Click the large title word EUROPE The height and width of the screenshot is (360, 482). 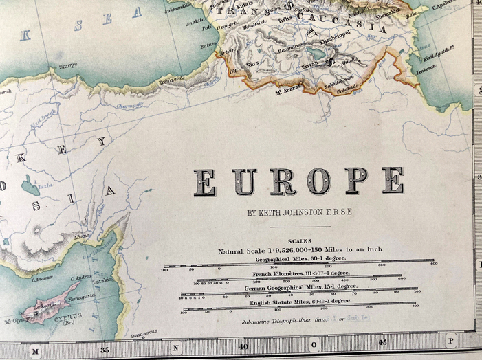pyautogui.click(x=298, y=181)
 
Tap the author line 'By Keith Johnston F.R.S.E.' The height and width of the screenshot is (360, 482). pyautogui.click(x=300, y=212)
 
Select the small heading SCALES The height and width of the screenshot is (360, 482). pyautogui.click(x=300, y=240)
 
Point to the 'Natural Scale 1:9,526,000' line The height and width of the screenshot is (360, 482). pyautogui.click(x=300, y=250)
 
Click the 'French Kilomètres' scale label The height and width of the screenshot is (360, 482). pyautogui.click(x=300, y=273)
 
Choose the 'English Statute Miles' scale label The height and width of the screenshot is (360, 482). pyautogui.click(x=300, y=301)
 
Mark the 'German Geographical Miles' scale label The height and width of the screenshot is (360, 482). pyautogui.click(x=300, y=287)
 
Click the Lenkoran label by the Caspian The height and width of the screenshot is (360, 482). pyautogui.click(x=427, y=70)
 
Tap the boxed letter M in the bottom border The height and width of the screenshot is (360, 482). pyautogui.click(x=36, y=351)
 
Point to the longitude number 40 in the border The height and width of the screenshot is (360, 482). pyautogui.click(x=243, y=347)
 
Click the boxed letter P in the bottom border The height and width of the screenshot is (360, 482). pyautogui.click(x=451, y=340)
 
